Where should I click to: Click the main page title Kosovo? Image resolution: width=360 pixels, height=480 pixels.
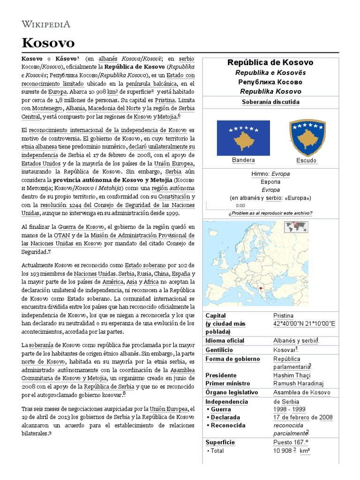[x=48, y=43]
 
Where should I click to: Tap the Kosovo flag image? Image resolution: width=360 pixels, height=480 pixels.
[x=243, y=138]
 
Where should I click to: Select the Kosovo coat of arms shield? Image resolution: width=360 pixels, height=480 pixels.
[x=307, y=137]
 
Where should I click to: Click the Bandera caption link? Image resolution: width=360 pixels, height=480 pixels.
[x=243, y=160]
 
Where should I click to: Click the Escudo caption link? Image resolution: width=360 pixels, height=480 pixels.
[x=307, y=160]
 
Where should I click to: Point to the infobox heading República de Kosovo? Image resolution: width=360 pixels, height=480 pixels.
[x=270, y=62]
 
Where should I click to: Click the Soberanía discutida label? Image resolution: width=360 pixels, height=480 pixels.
[x=270, y=102]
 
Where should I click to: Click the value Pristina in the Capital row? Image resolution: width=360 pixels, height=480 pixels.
[x=283, y=316]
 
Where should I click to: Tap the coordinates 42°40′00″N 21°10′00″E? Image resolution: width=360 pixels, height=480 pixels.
[x=304, y=324]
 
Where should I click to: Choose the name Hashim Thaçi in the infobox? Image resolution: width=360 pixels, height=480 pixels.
[x=292, y=375]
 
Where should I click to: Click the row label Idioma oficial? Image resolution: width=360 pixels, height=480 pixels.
[x=225, y=341]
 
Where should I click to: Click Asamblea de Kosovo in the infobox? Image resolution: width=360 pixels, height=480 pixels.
[x=302, y=392]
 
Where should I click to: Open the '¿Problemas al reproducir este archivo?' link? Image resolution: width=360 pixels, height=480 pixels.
[x=270, y=213]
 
